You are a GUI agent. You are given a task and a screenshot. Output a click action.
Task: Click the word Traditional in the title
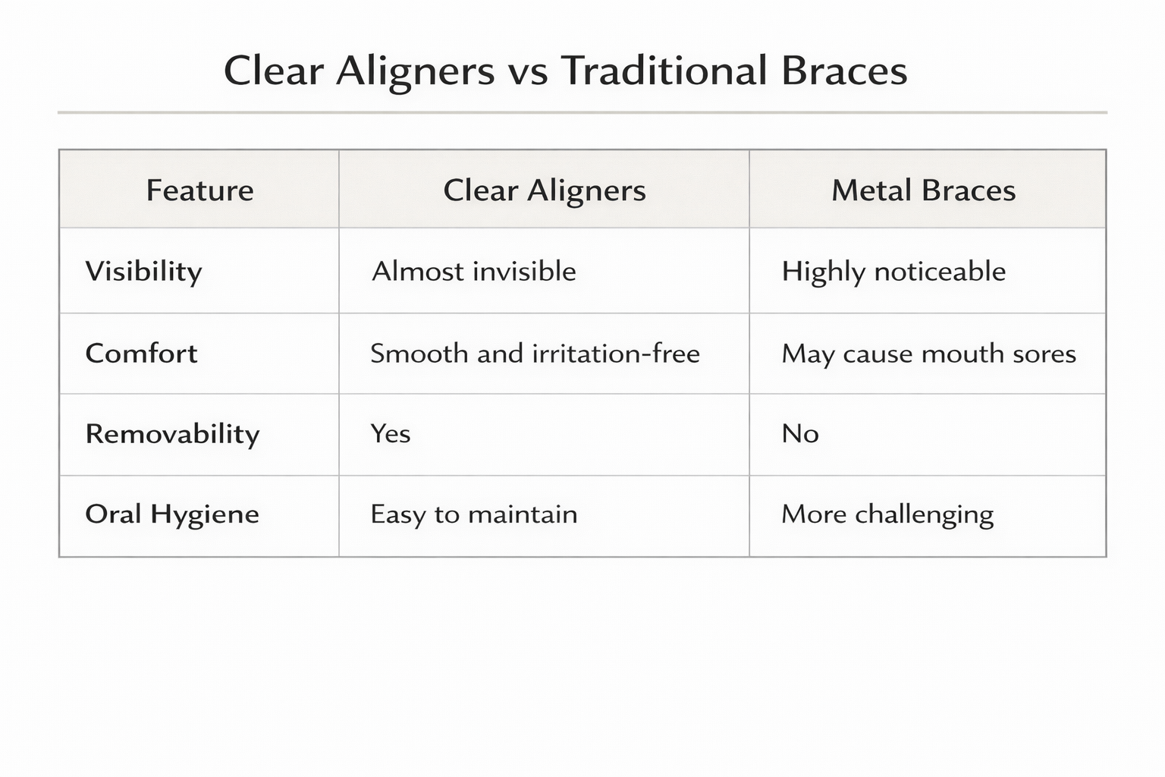coord(664,71)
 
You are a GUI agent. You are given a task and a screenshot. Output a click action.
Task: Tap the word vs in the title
coord(527,72)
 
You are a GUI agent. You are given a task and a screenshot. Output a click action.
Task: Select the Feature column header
coord(199,190)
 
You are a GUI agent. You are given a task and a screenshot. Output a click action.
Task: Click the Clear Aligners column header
coord(544,190)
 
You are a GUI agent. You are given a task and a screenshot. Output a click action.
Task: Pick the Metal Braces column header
coord(923,190)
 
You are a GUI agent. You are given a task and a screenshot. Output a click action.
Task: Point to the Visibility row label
coord(143,272)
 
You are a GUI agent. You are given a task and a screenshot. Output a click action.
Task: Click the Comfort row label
coord(141,354)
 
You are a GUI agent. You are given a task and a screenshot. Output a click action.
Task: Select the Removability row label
coord(172,434)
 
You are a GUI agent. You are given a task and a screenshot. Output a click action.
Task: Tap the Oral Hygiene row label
coord(172,514)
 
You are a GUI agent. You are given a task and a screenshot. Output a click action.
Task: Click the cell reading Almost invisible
coord(473,272)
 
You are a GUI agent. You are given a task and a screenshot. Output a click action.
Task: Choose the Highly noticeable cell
coord(893,272)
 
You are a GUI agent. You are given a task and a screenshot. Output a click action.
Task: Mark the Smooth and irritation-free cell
coord(535,354)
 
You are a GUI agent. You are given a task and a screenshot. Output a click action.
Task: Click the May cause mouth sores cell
coord(928,354)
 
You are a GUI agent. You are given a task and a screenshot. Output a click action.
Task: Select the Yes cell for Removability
coord(390,434)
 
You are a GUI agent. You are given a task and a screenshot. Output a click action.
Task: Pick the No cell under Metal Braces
coord(799,434)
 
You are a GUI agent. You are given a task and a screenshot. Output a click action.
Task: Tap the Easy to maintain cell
coord(473,514)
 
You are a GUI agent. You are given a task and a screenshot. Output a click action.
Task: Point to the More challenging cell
coord(887,514)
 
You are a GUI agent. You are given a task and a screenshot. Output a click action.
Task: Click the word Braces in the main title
coord(843,71)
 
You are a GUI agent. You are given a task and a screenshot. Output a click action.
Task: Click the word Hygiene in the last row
coord(204,515)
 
